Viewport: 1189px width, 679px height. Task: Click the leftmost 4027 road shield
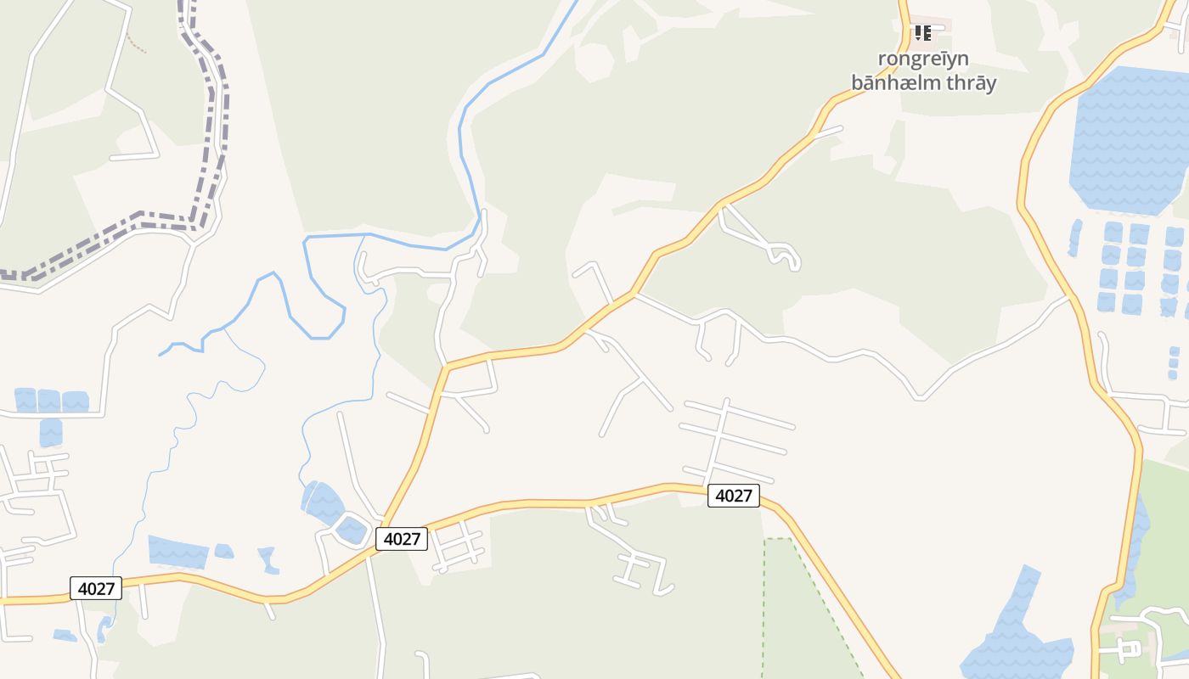pyautogui.click(x=96, y=588)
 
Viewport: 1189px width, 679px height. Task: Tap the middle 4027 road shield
pyautogui.click(x=402, y=538)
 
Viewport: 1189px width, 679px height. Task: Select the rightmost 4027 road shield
pyautogui.click(x=734, y=496)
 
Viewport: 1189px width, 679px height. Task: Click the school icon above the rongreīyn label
pyautogui.click(x=923, y=33)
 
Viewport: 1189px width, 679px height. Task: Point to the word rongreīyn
pyautogui.click(x=923, y=59)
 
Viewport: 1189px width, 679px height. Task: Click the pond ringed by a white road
pyautogui.click(x=351, y=530)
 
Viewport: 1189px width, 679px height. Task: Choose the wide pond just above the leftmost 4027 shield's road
pyautogui.click(x=178, y=552)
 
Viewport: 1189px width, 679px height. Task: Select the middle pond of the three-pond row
pyautogui.click(x=49, y=401)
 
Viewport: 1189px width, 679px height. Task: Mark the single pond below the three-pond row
pyautogui.click(x=51, y=431)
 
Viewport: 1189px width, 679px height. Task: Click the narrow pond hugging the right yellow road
pyautogui.click(x=1136, y=543)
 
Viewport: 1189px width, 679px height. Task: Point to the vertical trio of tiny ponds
pyautogui.click(x=1174, y=363)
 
